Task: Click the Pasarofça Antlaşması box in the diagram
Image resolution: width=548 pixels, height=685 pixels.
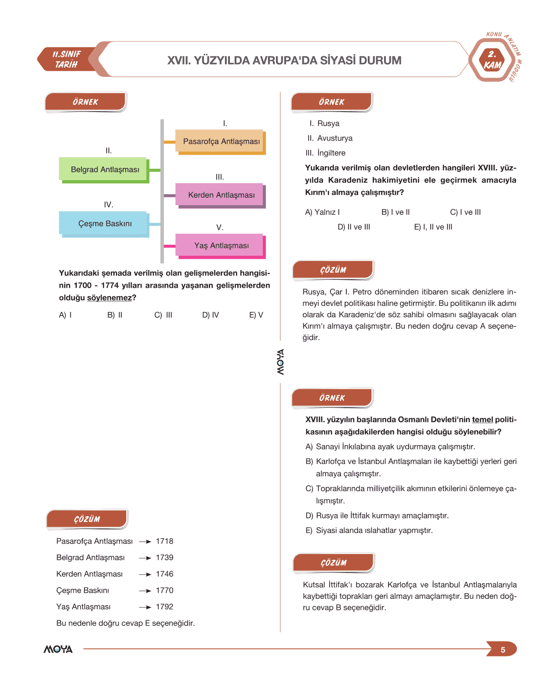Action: (x=221, y=141)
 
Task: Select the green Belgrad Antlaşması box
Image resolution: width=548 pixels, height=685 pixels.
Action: (x=105, y=170)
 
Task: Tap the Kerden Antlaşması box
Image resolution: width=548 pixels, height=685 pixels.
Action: (x=221, y=195)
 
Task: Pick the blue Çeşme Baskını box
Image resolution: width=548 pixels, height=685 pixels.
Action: (x=105, y=224)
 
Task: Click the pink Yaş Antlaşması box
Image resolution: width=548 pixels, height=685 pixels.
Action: (x=221, y=246)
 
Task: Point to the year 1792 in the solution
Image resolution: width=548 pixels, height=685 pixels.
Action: (x=164, y=607)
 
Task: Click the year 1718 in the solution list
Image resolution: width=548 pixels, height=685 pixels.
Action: (x=164, y=541)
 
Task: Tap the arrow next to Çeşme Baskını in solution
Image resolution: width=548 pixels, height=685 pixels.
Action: (x=145, y=591)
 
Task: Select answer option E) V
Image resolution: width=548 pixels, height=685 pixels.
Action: (x=256, y=315)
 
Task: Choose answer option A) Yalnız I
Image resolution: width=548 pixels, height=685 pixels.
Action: (x=322, y=212)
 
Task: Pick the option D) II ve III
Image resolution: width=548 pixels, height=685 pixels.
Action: (x=354, y=227)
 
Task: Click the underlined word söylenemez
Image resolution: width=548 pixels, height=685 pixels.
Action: (x=109, y=298)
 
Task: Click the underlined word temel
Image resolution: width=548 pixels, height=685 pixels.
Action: (x=482, y=420)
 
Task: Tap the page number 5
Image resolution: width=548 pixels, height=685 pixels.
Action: (x=503, y=650)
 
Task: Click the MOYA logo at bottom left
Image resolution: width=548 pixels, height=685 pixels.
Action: (x=58, y=649)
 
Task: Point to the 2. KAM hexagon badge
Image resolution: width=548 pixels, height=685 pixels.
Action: (x=492, y=60)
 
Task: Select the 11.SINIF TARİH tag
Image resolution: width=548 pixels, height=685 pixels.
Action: (x=67, y=59)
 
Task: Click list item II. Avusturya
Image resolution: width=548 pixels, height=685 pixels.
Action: (x=330, y=138)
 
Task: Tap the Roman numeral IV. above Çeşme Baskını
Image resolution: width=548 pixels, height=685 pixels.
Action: (x=109, y=205)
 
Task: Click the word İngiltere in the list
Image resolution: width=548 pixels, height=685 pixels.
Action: (x=331, y=153)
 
